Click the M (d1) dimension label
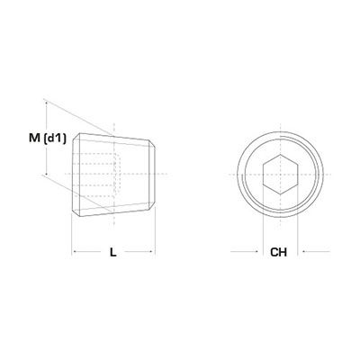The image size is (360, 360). [x=48, y=139]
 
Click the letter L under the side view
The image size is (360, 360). [x=112, y=252]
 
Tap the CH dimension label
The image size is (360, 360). [x=278, y=252]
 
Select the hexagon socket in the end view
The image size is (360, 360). [x=280, y=175]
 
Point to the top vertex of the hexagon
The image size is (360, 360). [x=280, y=155]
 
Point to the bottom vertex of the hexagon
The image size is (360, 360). [x=280, y=194]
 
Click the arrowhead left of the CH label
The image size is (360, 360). [x=256, y=251]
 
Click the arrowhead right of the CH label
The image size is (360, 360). [x=304, y=251]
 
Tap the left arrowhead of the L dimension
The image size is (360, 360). [x=75, y=251]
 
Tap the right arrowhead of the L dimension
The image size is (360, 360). [x=152, y=251]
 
